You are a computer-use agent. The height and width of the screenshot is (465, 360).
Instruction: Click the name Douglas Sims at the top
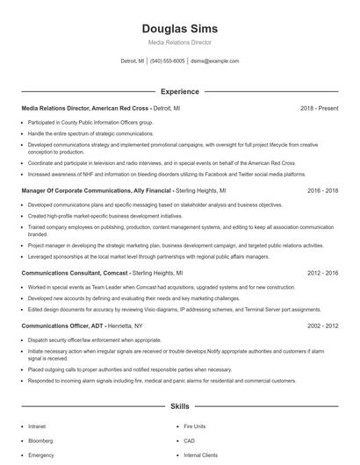tap(179, 29)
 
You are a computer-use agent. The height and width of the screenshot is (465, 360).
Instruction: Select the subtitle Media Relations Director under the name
tap(179, 42)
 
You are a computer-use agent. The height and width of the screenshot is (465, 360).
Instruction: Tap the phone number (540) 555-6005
tap(167, 61)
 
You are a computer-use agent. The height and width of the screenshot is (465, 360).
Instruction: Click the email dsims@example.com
tap(214, 61)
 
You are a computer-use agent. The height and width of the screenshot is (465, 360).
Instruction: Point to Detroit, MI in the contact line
tap(133, 61)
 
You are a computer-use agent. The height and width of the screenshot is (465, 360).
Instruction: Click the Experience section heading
tap(179, 91)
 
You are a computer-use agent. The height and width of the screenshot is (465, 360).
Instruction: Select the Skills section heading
tap(179, 406)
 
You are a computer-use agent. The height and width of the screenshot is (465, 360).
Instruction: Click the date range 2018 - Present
tap(319, 108)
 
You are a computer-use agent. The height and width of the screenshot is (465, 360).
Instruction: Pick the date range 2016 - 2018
tap(322, 190)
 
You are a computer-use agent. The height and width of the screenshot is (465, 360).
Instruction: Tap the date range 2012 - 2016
tap(322, 273)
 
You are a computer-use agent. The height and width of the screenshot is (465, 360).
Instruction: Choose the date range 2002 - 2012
tap(322, 325)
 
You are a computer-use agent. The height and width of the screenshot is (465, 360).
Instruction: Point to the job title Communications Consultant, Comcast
tap(74, 273)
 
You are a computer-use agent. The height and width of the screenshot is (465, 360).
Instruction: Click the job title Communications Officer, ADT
tap(61, 325)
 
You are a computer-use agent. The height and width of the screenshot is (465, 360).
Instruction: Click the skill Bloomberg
tap(41, 440)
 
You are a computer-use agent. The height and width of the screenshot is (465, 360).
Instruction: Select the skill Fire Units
tap(195, 426)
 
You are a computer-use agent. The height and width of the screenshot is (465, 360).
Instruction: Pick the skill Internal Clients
tap(200, 455)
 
